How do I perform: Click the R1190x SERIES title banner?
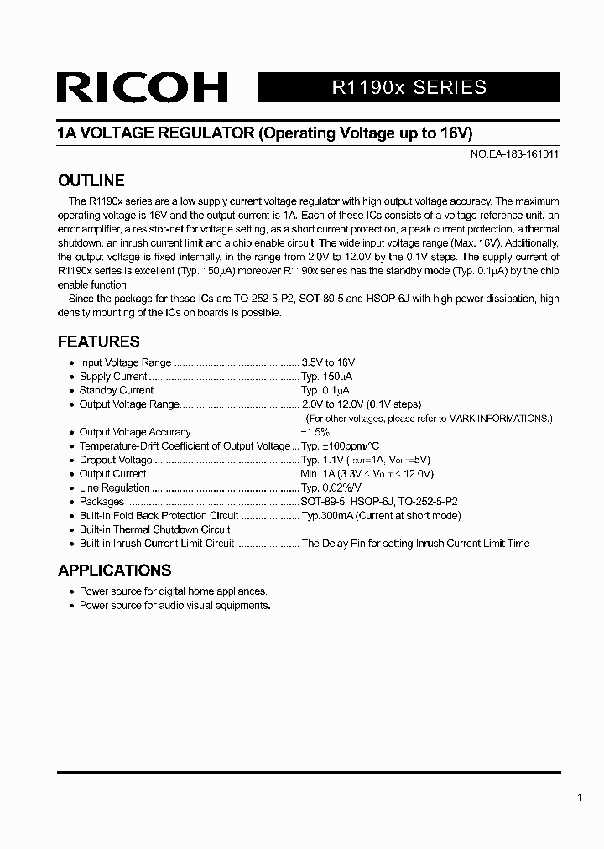[409, 87]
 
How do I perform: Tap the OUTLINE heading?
[91, 180]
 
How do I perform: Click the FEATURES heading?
[98, 341]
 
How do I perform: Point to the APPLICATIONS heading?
[114, 570]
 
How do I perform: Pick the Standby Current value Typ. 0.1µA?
[325, 390]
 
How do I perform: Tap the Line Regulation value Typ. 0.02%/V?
[331, 487]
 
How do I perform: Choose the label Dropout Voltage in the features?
[116, 460]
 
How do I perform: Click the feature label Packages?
[102, 502]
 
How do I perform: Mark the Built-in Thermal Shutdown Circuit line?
[154, 529]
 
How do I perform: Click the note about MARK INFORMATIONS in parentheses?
[429, 418]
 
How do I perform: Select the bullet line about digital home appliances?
[173, 591]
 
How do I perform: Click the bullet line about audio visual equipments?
[174, 605]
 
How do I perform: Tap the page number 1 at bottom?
[579, 799]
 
